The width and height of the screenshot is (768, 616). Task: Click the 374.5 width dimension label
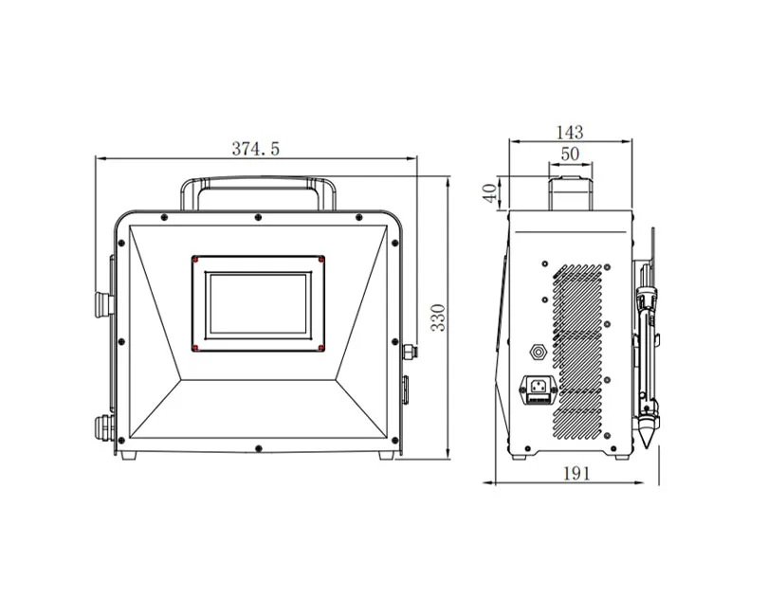click(256, 148)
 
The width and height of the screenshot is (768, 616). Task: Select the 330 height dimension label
click(438, 317)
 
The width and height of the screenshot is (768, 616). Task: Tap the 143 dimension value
click(570, 132)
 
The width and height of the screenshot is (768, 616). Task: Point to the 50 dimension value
click(570, 153)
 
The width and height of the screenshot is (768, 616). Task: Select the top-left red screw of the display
click(195, 259)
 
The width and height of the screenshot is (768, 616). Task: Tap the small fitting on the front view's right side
click(410, 352)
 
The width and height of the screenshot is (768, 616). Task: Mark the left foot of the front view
click(129, 456)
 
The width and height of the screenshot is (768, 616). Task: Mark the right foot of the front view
click(386, 456)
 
